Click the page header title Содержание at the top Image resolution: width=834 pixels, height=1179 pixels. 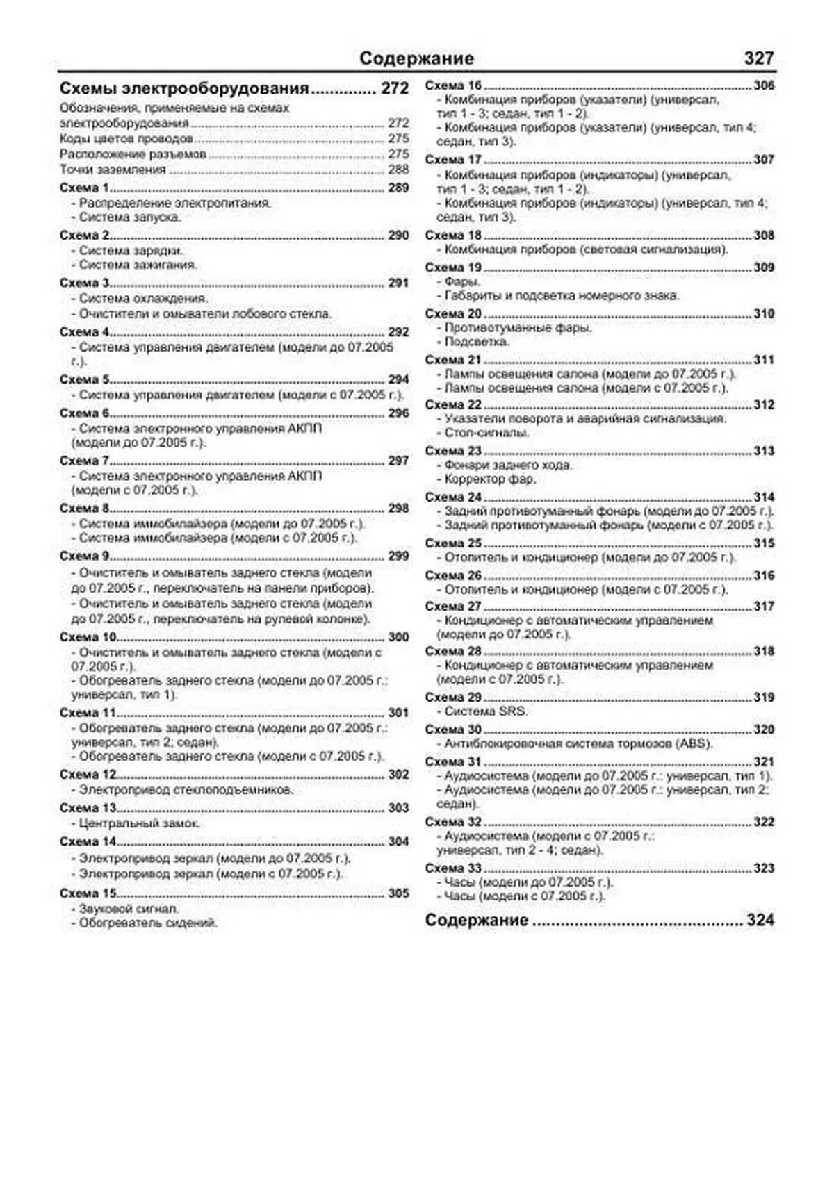click(416, 58)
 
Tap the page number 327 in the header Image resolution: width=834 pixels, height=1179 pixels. click(758, 58)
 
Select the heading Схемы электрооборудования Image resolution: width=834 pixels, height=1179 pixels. click(184, 89)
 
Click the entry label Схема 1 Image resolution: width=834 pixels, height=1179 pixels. click(85, 188)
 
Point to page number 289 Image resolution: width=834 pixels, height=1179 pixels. click(398, 188)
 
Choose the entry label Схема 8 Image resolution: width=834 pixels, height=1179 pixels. click(85, 508)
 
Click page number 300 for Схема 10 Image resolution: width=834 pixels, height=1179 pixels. click(398, 636)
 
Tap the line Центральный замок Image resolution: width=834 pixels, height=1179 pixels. click(139, 823)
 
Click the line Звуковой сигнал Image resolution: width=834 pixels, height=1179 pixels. click(129, 908)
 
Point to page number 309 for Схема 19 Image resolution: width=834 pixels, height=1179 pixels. click(764, 267)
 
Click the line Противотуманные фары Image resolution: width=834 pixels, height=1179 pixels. click(518, 327)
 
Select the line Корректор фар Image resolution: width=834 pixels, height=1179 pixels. click(490, 479)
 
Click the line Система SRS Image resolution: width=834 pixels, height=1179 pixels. click(485, 711)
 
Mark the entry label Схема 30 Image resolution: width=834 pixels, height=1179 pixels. click(453, 729)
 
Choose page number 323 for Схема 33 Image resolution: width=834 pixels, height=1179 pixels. click(764, 868)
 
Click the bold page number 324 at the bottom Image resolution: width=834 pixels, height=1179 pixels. click(760, 920)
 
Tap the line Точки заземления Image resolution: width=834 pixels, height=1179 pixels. click(113, 170)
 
